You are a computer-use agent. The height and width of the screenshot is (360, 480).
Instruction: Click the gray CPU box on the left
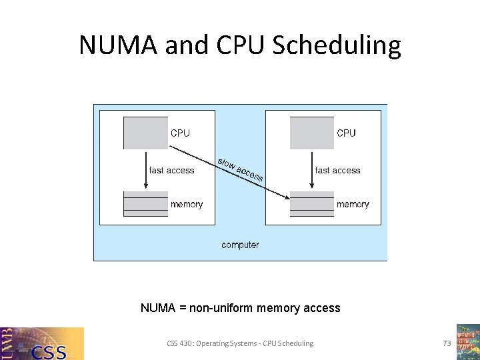pos(145,133)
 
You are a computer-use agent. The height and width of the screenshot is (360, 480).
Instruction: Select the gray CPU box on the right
pos(311,133)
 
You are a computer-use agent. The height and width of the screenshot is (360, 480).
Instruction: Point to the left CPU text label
pos(180,133)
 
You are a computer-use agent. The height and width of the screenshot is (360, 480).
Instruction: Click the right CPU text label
pos(346,133)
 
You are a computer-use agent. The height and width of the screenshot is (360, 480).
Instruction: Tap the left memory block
pos(145,203)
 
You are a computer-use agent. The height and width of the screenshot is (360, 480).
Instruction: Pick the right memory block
pos(311,203)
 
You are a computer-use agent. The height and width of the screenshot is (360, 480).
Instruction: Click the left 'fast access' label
pos(172,171)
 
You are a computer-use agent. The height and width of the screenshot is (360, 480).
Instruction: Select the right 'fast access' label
pos(337,171)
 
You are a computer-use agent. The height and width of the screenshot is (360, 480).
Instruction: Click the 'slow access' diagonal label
pos(240,169)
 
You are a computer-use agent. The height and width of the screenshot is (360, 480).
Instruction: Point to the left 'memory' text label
pos(187,204)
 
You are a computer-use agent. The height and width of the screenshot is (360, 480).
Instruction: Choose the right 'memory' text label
pos(353,204)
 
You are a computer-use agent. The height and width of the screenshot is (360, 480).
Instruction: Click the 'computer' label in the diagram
pos(240,245)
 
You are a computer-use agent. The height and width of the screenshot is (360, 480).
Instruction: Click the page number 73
pos(447,343)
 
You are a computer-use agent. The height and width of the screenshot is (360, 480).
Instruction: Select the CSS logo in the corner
pos(42,343)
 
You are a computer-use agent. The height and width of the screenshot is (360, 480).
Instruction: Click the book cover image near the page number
pos(467,341)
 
